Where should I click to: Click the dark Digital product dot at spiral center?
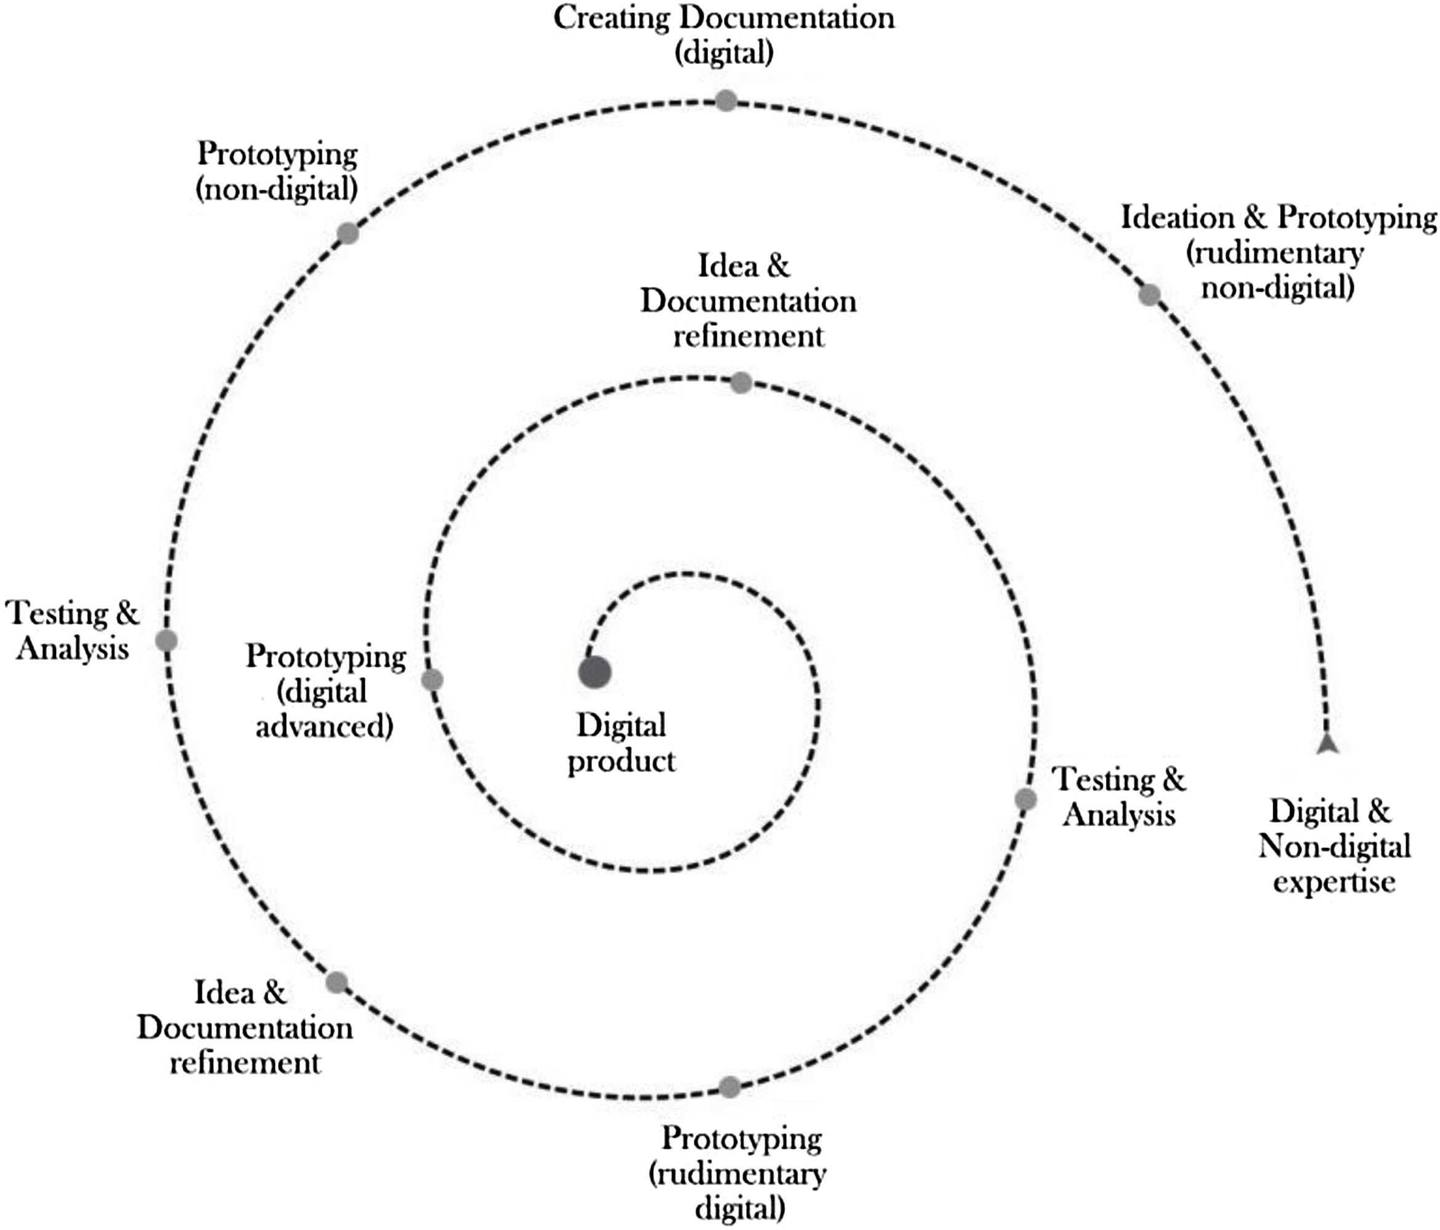point(595,672)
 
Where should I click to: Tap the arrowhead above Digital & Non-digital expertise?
point(1327,744)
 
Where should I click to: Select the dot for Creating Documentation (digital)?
point(726,101)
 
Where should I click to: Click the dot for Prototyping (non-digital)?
point(348,233)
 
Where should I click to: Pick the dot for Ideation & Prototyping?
point(1150,295)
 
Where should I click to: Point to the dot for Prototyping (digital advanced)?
point(432,680)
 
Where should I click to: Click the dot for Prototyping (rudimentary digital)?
point(729,1087)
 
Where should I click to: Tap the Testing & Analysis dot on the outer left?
point(166,641)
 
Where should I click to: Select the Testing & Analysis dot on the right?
point(1025,799)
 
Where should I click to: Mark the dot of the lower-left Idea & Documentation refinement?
point(336,983)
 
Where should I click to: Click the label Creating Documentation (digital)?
point(724,34)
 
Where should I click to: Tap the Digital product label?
point(621,743)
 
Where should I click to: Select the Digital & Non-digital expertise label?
point(1334,846)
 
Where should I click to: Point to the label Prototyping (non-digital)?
point(277,171)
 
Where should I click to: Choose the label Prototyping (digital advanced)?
point(325,691)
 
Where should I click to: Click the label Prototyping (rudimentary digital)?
point(741,1173)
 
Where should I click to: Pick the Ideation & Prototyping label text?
point(1279,253)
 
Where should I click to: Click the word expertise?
point(1334,881)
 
